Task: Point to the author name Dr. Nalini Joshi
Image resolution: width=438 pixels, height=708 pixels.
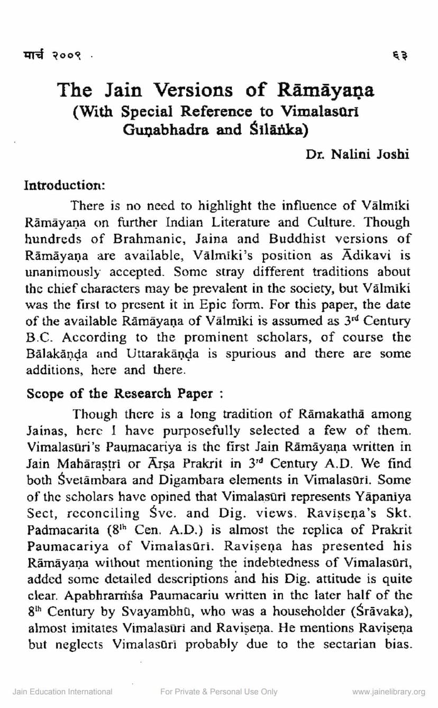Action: point(357,155)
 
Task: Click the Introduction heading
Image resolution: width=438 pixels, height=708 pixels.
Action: point(66,186)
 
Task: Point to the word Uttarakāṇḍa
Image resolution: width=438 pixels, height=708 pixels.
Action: point(168,353)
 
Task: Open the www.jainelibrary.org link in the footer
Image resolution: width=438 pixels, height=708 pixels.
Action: point(389,692)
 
